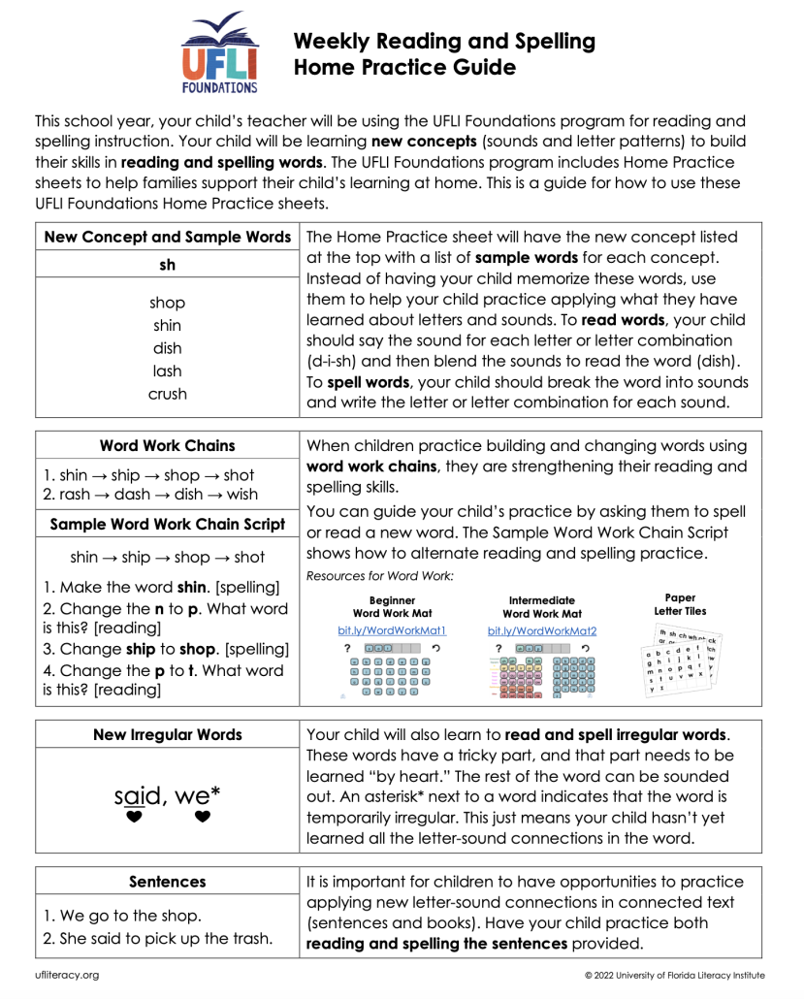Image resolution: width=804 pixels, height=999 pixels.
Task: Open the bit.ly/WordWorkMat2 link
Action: pyautogui.click(x=541, y=630)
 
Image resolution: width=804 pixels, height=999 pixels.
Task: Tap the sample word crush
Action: pyautogui.click(x=167, y=395)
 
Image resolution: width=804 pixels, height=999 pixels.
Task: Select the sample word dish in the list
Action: pyautogui.click(x=167, y=348)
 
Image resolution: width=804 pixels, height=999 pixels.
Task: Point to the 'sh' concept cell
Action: pyautogui.click(x=167, y=264)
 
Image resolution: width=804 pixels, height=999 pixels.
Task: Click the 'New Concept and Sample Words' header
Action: pyautogui.click(x=167, y=237)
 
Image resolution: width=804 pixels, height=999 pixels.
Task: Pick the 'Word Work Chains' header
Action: pyautogui.click(x=167, y=446)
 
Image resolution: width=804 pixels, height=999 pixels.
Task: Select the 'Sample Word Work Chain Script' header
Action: pyautogui.click(x=167, y=524)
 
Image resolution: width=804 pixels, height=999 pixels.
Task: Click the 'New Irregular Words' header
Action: pyautogui.click(x=167, y=735)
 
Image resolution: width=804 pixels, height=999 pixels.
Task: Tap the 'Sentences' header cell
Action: pyautogui.click(x=167, y=882)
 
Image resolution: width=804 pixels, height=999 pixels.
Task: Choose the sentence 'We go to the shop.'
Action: pyautogui.click(x=122, y=917)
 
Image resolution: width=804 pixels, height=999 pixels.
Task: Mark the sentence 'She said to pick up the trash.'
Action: pyautogui.click(x=155, y=940)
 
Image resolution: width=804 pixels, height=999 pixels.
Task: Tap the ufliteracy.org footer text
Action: pyautogui.click(x=67, y=975)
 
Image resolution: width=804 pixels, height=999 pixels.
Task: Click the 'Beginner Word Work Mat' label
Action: pyautogui.click(x=392, y=607)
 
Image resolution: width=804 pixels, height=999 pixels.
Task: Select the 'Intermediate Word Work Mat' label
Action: pyautogui.click(x=541, y=607)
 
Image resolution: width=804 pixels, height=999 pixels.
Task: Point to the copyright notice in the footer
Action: pyautogui.click(x=674, y=975)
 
